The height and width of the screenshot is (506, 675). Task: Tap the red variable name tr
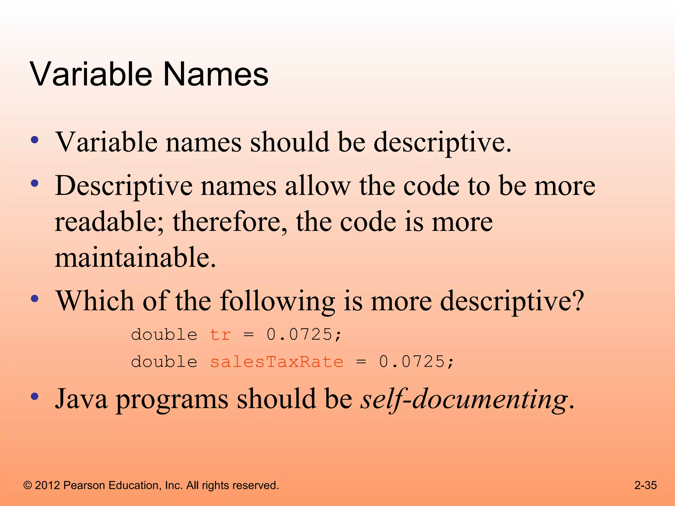[220, 335]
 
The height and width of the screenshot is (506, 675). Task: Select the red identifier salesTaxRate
[277, 362]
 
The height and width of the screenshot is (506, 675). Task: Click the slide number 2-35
[645, 485]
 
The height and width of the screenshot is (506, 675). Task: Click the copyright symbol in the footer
[28, 486]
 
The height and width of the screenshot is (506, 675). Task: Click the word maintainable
[135, 257]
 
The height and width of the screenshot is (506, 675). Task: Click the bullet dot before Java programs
[35, 396]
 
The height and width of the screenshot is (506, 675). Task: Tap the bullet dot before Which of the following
[35, 298]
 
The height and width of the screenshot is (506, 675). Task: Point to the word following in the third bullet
[277, 301]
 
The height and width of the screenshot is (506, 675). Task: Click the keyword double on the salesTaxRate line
[164, 362]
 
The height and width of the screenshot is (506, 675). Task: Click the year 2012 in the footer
[47, 486]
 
